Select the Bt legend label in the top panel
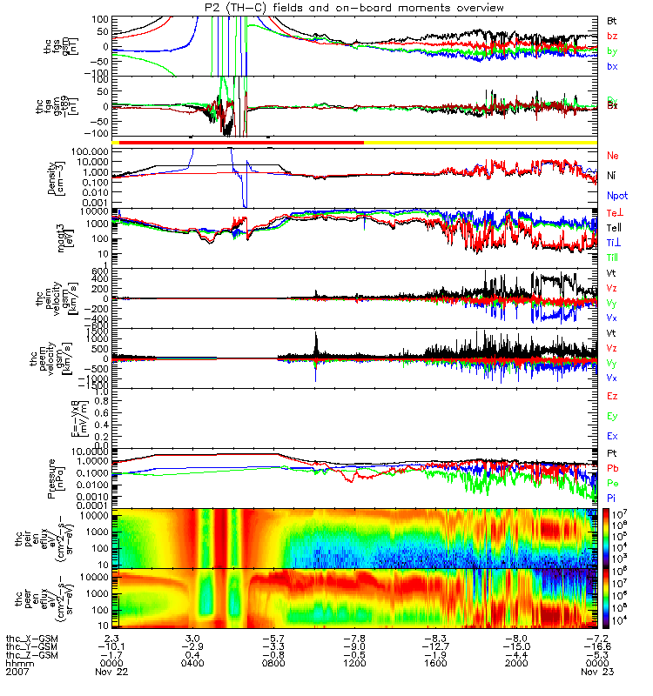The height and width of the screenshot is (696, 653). (x=612, y=20)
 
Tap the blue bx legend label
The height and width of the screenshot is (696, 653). (x=612, y=67)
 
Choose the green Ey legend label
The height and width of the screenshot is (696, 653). (x=612, y=416)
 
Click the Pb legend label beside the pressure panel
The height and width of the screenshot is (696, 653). (x=612, y=470)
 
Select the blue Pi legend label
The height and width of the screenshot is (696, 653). (x=612, y=498)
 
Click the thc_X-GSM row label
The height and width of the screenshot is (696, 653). (x=34, y=636)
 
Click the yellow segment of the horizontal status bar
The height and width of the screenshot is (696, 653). (x=480, y=141)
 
